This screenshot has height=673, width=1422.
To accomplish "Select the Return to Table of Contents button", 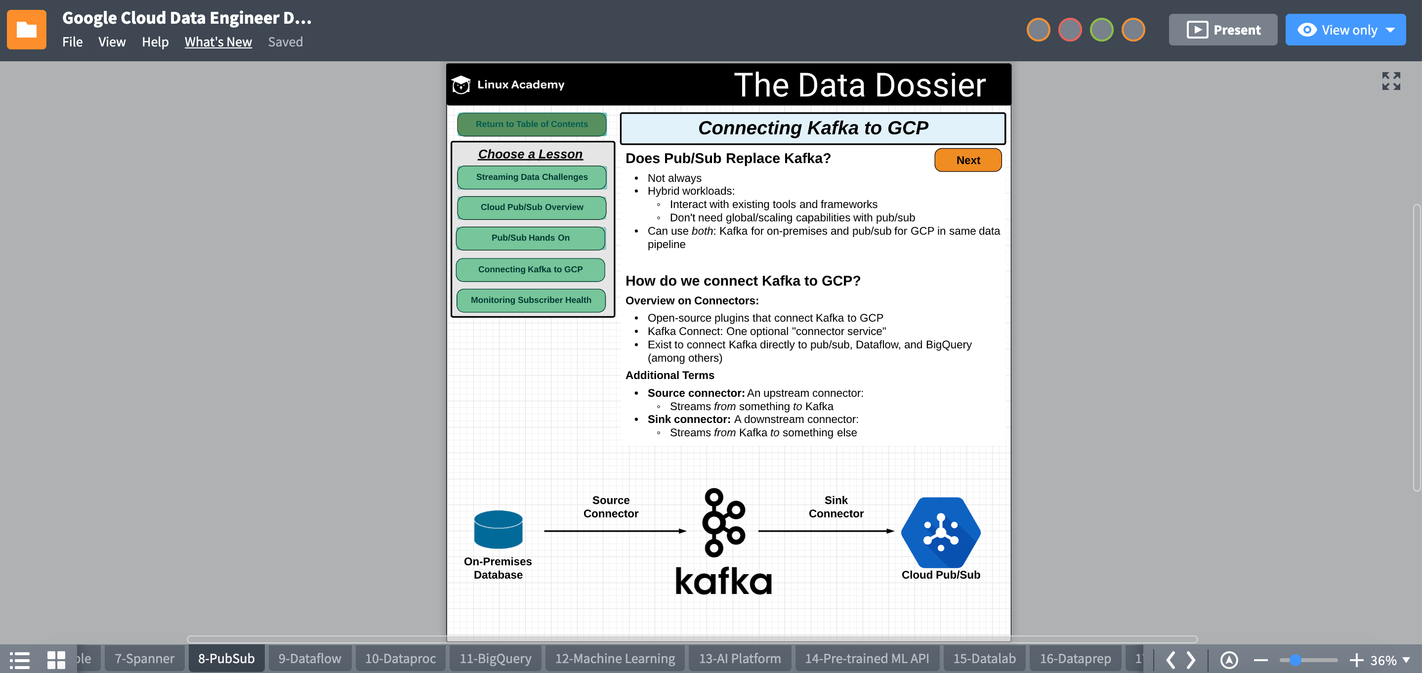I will [531, 124].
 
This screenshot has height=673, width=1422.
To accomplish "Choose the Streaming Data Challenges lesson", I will [531, 177].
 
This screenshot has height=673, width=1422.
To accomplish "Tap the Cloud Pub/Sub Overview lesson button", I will [531, 207].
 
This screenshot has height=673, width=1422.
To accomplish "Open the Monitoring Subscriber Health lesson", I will [531, 300].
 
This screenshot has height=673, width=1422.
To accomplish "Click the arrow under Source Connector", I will [614, 531].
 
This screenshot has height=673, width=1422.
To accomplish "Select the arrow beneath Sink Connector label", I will [826, 531].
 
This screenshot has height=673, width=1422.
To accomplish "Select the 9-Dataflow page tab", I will [309, 659].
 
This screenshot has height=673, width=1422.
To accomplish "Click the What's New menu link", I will [218, 42].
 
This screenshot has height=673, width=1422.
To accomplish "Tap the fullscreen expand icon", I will [1390, 81].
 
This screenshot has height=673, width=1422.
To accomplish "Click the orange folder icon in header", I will [27, 30].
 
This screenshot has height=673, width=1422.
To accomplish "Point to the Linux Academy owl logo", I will [460, 84].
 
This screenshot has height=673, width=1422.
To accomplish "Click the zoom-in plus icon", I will [1356, 660].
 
